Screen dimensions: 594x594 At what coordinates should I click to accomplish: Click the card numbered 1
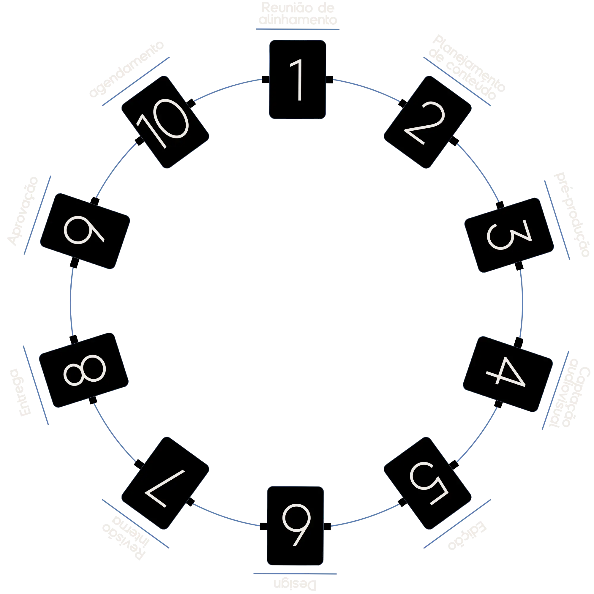[297, 80]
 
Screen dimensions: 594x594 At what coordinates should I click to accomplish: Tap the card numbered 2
[427, 122]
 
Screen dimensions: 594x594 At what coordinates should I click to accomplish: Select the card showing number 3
[509, 235]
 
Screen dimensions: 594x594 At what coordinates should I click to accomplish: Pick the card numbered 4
[508, 374]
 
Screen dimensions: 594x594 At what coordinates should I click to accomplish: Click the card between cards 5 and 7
[296, 525]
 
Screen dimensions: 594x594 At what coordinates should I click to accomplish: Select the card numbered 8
[84, 370]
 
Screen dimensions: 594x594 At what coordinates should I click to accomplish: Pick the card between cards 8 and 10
[85, 231]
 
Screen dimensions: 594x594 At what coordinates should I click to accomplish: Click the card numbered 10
[165, 122]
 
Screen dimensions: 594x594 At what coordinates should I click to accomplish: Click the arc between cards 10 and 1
[228, 88]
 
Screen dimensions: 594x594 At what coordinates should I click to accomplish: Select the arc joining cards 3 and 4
[522, 304]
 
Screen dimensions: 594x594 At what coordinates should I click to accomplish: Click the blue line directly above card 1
[297, 29]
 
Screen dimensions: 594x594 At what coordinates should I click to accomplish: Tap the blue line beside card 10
[135, 81]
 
